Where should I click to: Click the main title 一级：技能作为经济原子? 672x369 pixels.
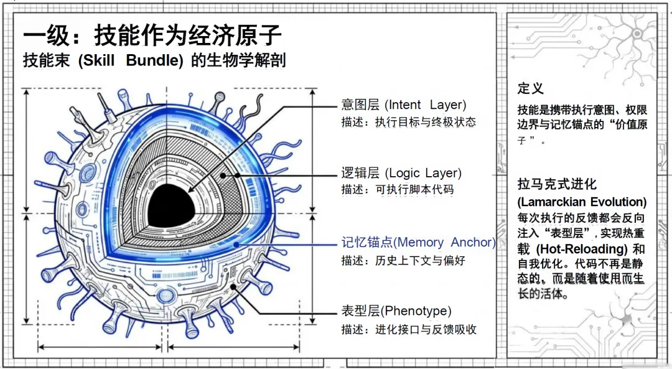click(152, 35)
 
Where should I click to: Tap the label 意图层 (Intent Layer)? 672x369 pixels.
click(403, 105)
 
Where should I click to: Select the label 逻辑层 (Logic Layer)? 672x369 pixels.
click(401, 172)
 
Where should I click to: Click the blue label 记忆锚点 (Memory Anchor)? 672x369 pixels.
click(418, 242)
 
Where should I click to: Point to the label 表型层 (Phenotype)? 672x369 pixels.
click(396, 311)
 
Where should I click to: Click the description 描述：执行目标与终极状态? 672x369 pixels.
click(408, 122)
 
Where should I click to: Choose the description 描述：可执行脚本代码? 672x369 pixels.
click(397, 189)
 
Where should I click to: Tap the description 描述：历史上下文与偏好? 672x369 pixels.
click(403, 260)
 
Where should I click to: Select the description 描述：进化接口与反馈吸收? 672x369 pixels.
click(409, 329)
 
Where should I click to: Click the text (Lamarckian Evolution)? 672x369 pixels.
click(582, 202)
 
